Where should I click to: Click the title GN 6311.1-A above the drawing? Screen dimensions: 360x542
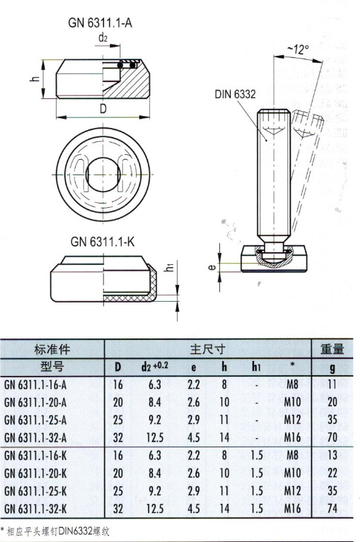tap(100, 23)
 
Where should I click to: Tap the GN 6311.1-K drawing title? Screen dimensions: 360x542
tap(103, 242)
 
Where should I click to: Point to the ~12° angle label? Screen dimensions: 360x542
tap(297, 49)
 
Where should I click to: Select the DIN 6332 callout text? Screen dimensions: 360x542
tap(235, 94)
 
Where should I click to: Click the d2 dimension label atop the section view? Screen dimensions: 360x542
tap(103, 37)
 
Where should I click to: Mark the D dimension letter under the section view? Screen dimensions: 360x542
tap(103, 109)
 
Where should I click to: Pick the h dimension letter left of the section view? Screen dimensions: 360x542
tap(34, 79)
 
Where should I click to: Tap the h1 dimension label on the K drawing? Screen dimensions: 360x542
tap(170, 267)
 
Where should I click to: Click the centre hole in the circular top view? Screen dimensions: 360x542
tap(103, 175)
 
